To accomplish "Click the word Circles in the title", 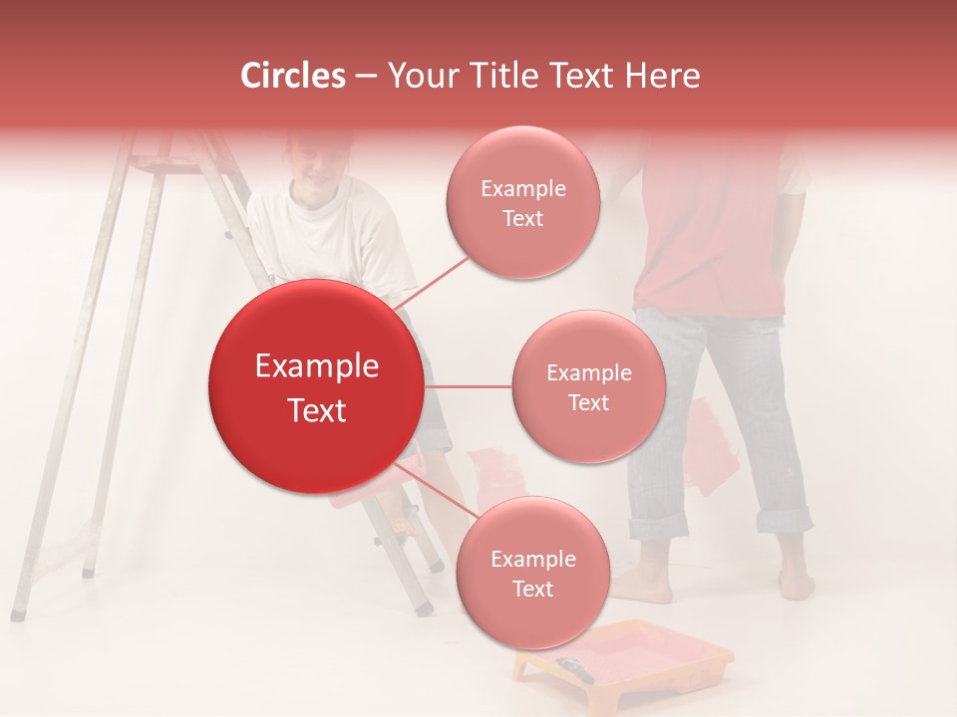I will coord(293,76).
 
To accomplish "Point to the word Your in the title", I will coord(417,76).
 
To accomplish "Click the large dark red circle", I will coord(316,386).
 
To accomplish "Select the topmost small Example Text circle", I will coord(522,202).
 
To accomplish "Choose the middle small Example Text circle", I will coord(588,386).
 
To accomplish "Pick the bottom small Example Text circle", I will coord(532,573).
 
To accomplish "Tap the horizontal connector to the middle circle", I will coord(468,386).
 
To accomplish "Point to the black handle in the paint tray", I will coord(575,668).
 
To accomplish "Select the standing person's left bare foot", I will coord(638,584).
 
